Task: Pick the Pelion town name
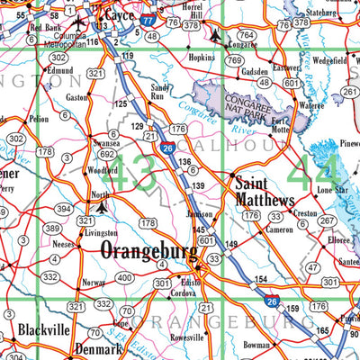tap(39, 118)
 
